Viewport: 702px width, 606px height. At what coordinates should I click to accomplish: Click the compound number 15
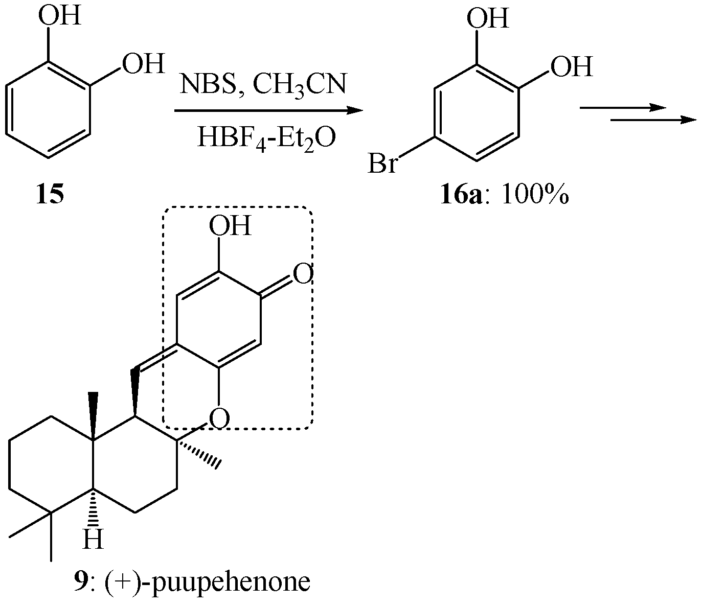coord(50,195)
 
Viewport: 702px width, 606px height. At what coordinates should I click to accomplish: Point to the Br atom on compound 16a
coord(383,165)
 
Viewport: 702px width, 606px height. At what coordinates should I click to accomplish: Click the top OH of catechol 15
coord(60,16)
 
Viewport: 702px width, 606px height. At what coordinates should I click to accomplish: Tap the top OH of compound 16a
coord(488,19)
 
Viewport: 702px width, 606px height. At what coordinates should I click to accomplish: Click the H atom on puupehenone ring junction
coord(93,539)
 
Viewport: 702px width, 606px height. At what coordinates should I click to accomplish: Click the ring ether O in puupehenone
coord(219,419)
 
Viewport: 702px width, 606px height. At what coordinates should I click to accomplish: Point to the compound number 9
coord(80,582)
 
